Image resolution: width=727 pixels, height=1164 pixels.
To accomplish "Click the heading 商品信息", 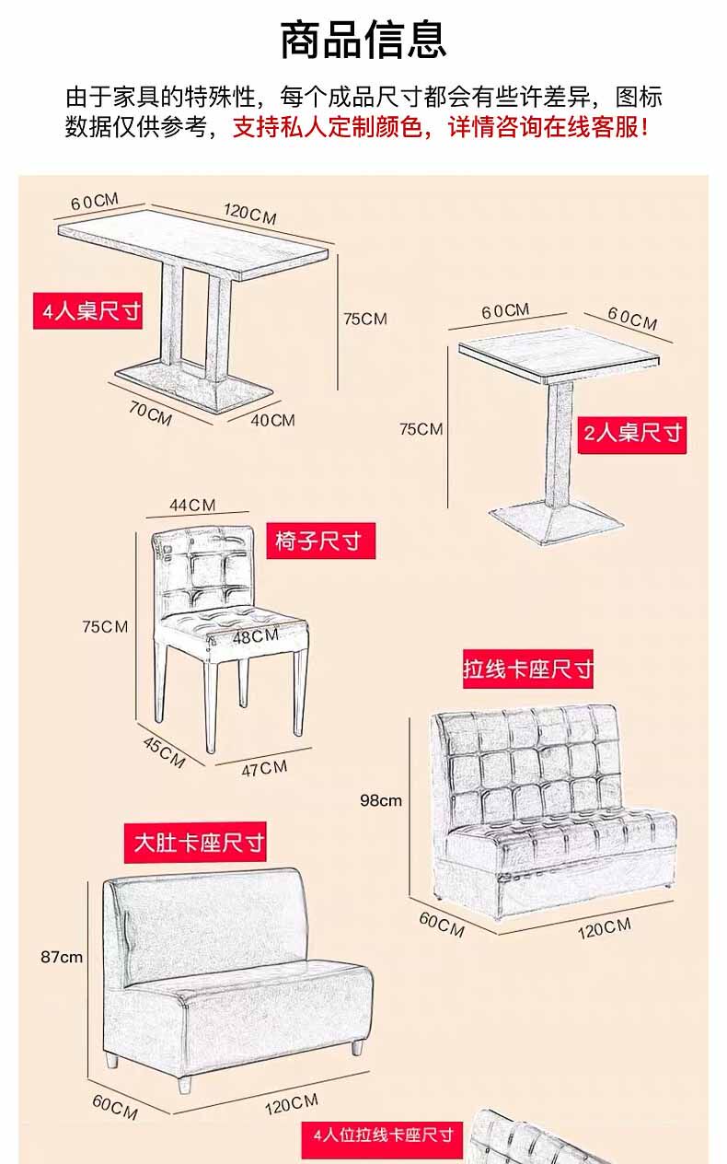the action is [x=363, y=39].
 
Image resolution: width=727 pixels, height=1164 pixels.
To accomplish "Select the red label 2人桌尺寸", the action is [x=633, y=431].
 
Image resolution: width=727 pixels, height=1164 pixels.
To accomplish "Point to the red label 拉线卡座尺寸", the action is [x=527, y=669].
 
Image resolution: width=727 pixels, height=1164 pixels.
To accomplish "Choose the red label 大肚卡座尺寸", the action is [x=199, y=842].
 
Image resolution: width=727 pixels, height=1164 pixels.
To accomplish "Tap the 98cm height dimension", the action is [x=381, y=800].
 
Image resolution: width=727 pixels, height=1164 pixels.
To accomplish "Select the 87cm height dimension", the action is [x=62, y=957].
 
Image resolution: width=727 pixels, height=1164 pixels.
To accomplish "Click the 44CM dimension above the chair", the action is [x=192, y=505].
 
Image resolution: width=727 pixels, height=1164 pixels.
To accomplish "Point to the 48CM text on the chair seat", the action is [x=255, y=635].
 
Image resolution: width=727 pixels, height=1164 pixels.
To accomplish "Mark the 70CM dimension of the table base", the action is [x=150, y=413].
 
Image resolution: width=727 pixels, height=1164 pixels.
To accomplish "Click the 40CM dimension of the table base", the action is [x=272, y=420].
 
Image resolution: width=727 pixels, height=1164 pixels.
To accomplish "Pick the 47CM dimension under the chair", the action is [x=264, y=768].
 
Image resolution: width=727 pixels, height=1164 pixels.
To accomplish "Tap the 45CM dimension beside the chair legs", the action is [x=164, y=751].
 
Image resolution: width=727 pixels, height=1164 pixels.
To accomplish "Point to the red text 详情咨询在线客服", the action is [x=548, y=127].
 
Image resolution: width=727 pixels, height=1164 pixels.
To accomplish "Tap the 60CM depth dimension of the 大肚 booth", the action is [x=115, y=1106].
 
